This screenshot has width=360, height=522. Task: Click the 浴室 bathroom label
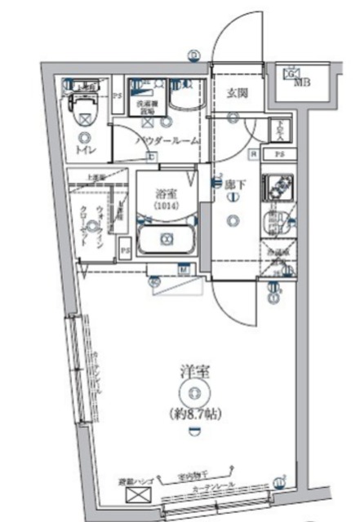click(x=167, y=194)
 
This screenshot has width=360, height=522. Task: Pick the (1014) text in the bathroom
click(x=167, y=207)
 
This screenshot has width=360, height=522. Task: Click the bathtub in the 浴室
click(x=167, y=240)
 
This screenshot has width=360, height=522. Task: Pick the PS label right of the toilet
click(x=118, y=96)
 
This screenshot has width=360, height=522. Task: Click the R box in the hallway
click(x=255, y=155)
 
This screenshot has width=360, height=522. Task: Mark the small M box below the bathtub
click(x=184, y=268)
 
